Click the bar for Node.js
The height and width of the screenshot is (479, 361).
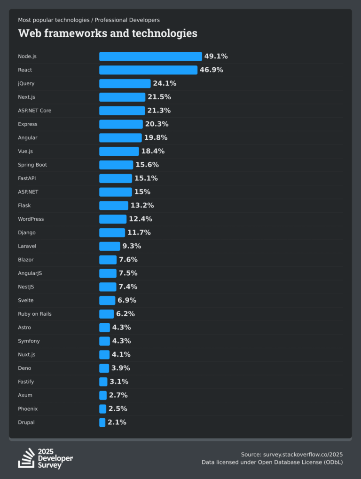pos(150,56)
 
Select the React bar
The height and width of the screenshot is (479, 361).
pos(148,70)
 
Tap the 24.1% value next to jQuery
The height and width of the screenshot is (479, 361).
pos(165,84)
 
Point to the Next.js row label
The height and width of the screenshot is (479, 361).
pos(27,97)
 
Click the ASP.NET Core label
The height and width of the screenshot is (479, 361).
pos(34,111)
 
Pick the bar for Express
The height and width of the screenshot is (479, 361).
pos(121,124)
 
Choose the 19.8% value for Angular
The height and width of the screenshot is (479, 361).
pos(156,138)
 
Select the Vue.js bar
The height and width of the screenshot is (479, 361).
pos(119,152)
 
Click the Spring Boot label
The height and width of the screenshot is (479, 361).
pos(32,165)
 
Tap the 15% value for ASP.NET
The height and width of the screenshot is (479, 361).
pos(142,192)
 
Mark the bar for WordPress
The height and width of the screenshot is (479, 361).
pos(113,219)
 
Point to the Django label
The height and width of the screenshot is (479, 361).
pos(27,232)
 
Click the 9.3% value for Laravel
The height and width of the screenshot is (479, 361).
pos(132,246)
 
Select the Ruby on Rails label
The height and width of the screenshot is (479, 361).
pos(35,314)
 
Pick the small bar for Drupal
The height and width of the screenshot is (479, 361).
pos(102,423)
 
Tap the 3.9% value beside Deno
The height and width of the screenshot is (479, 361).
pos(121,368)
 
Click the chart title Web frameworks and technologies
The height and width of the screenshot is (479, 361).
pos(108,33)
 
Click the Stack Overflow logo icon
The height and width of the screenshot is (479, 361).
pos(26,458)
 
